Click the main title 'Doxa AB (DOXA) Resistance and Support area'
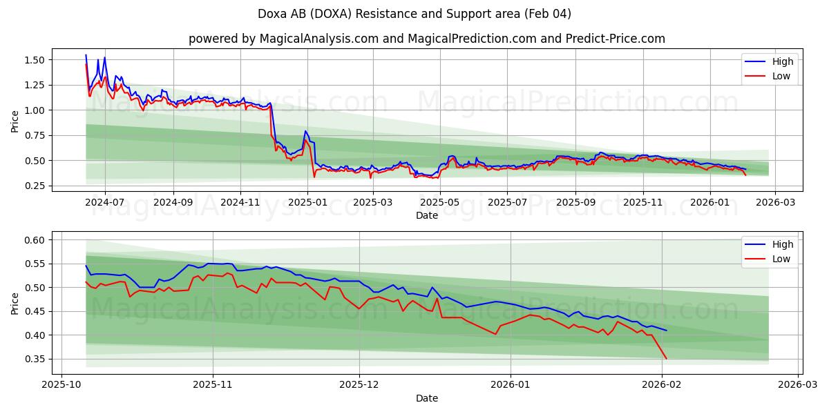414,14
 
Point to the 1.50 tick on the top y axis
35,60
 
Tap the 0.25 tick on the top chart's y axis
35,186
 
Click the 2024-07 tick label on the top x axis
105,202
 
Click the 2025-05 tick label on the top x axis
440,202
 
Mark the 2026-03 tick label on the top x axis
774,202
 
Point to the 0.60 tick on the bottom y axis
35,240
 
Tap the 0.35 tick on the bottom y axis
35,359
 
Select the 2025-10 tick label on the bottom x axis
62,385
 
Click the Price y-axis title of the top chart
15,121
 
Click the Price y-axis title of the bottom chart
15,302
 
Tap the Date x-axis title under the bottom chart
426,398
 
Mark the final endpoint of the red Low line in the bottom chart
667,359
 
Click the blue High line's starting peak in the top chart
86,55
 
